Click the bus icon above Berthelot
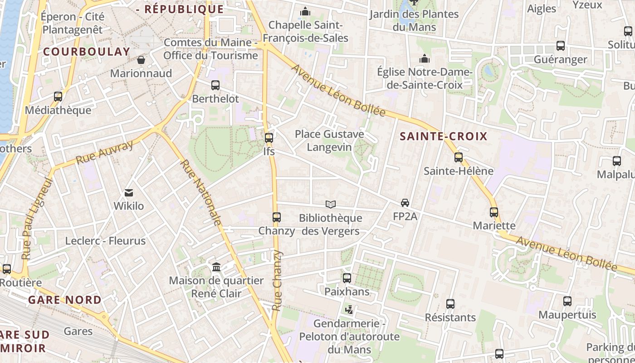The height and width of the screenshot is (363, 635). (215, 85)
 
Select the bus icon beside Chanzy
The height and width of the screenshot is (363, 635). (277, 217)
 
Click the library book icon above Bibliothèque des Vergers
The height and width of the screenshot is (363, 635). (331, 205)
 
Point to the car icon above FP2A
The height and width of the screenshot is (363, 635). (405, 203)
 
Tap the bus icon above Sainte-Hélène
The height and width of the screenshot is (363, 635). (459, 157)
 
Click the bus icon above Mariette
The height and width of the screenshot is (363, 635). (494, 212)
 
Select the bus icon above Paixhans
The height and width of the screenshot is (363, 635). (347, 278)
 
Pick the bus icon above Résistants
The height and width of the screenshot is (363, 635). (450, 304)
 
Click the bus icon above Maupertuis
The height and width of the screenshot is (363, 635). (567, 301)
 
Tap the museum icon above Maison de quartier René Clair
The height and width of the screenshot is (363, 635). (216, 267)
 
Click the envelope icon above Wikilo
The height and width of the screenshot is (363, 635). (129, 193)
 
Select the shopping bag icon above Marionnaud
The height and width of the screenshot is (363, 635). (141, 60)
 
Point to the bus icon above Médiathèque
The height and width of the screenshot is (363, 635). (58, 97)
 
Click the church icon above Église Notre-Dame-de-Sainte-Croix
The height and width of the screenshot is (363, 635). (425, 59)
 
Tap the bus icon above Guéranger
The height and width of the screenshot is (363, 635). (561, 46)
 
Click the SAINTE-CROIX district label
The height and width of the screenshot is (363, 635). (443, 137)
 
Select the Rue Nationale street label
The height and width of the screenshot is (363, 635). (201, 192)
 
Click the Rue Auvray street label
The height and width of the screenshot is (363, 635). (105, 152)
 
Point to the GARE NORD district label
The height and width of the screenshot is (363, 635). (65, 300)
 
